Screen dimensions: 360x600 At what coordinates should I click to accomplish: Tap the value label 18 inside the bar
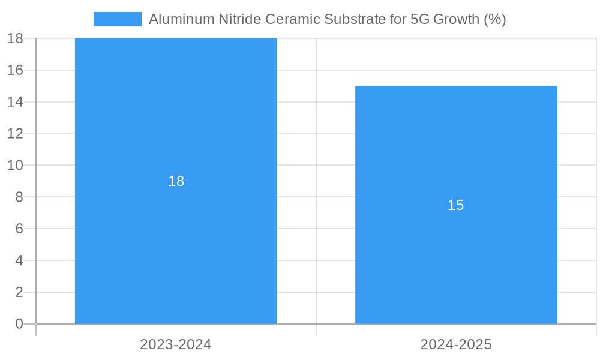[x=176, y=181]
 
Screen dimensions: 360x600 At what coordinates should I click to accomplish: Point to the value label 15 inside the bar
[x=456, y=205]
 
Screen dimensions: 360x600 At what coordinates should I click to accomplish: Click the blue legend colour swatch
[x=118, y=19]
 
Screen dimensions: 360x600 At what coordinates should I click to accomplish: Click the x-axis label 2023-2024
[x=176, y=344]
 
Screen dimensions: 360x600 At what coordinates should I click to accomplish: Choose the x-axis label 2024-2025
[x=456, y=344]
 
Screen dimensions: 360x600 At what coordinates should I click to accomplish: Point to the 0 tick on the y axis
[x=19, y=324]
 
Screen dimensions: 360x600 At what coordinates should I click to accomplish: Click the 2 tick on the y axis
[x=19, y=292]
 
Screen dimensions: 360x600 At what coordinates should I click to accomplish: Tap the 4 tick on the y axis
[x=19, y=260]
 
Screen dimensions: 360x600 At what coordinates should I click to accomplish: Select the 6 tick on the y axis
[x=19, y=229]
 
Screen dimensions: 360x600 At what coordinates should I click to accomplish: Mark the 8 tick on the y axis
[x=19, y=197]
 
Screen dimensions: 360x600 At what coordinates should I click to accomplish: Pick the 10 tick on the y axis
[x=15, y=165]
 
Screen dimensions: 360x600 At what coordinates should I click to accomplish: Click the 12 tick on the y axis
[x=15, y=133]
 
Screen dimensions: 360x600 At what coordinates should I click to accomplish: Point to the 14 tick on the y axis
[x=15, y=102]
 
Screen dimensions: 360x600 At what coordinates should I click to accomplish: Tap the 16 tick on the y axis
[x=15, y=70]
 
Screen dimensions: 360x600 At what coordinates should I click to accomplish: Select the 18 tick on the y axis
[x=15, y=38]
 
